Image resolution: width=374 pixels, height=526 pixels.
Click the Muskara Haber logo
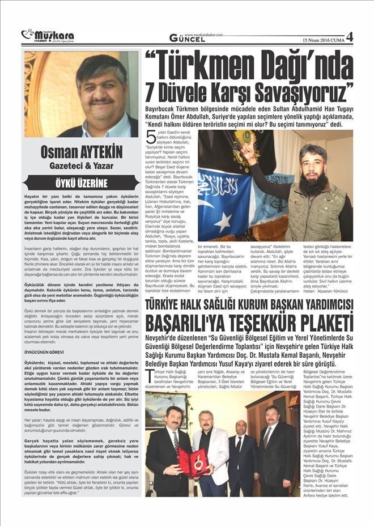click(48, 36)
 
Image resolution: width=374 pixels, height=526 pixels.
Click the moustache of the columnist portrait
click(102, 102)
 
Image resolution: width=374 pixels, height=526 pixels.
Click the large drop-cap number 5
click(150, 137)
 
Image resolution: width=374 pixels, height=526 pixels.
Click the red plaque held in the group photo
click(186, 460)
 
